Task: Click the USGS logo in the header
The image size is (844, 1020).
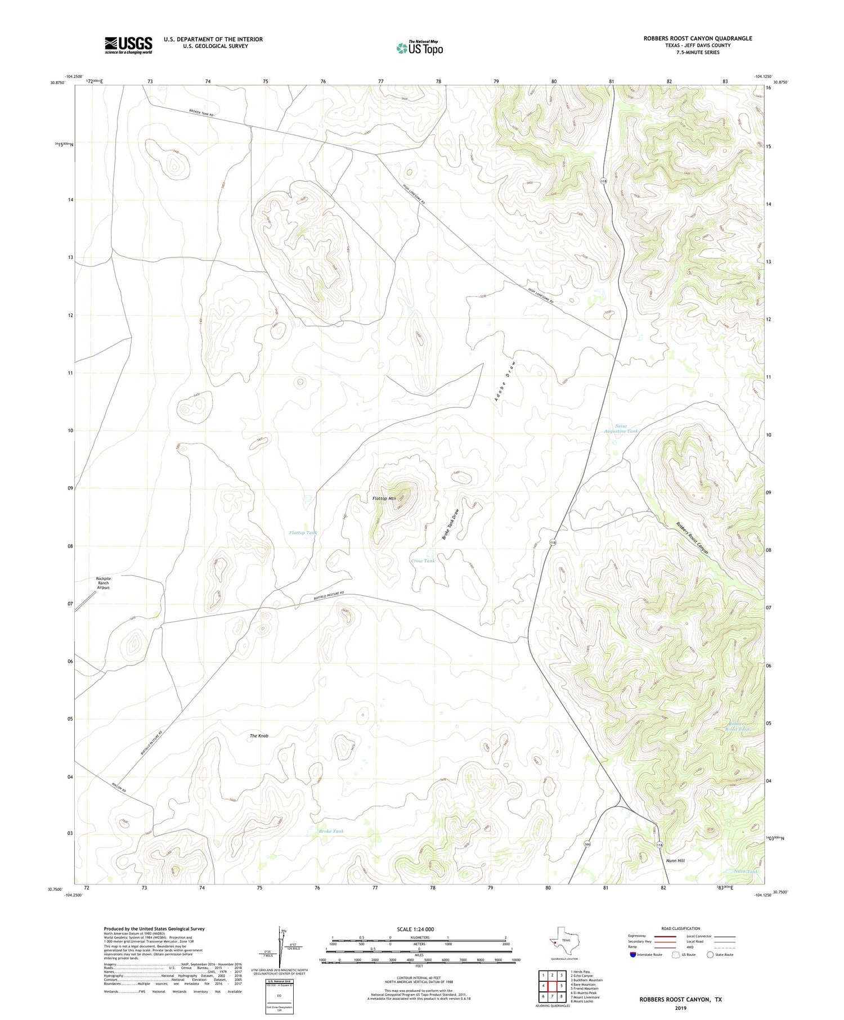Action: coord(128,45)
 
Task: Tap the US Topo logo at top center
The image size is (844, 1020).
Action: coord(419,48)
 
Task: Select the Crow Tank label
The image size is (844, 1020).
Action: coord(423,561)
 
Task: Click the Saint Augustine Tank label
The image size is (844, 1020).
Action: coord(621,429)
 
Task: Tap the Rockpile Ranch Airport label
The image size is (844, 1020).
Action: coord(103,583)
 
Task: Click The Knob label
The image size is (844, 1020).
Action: coord(259,736)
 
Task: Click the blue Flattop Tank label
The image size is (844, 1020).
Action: coord(303,533)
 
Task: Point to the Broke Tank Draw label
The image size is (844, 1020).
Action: coord(451,524)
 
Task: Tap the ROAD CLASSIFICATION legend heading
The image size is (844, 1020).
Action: coord(681,928)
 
